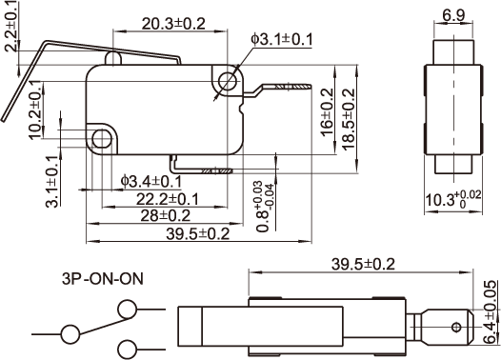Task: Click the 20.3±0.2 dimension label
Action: click(173, 24)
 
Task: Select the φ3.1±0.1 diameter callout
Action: click(282, 40)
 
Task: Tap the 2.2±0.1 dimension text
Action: click(11, 26)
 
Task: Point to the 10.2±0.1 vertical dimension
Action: click(36, 110)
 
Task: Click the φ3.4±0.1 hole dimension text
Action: click(151, 182)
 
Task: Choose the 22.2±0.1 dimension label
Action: click(167, 199)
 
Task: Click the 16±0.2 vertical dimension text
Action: click(327, 112)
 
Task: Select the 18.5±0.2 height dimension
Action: click(349, 119)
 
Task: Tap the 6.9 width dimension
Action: click(453, 15)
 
